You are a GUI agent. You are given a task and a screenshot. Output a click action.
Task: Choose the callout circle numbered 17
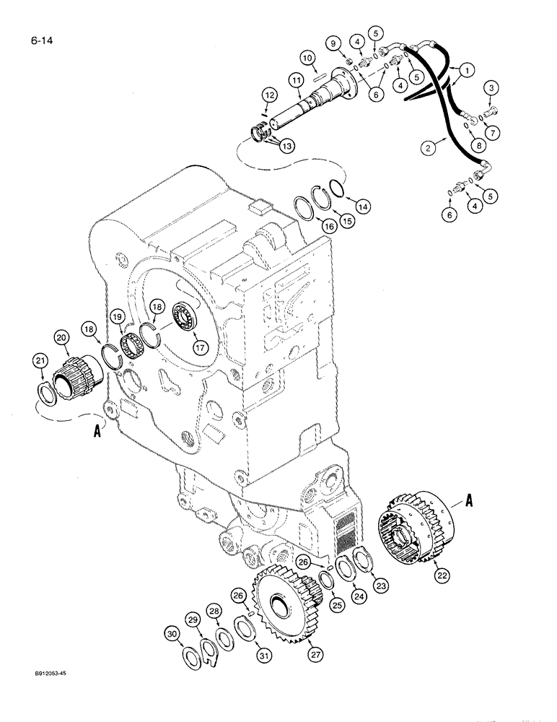(199, 347)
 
